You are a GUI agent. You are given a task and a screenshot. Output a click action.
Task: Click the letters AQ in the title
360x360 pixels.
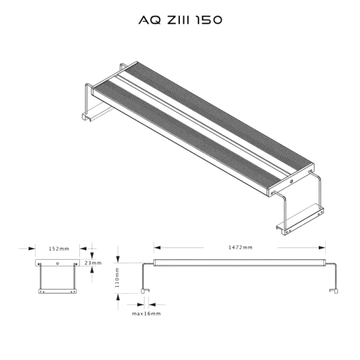point(145,21)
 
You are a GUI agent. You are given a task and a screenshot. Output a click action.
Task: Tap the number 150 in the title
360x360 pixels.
point(210,21)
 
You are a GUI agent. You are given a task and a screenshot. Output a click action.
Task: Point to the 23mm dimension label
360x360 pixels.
point(94,262)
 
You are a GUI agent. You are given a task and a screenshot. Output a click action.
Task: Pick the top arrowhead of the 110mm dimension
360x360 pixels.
point(118,255)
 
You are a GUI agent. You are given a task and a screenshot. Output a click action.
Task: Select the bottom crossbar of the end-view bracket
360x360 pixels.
point(58,291)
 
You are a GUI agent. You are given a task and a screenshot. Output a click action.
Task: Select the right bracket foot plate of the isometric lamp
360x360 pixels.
point(298,219)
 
